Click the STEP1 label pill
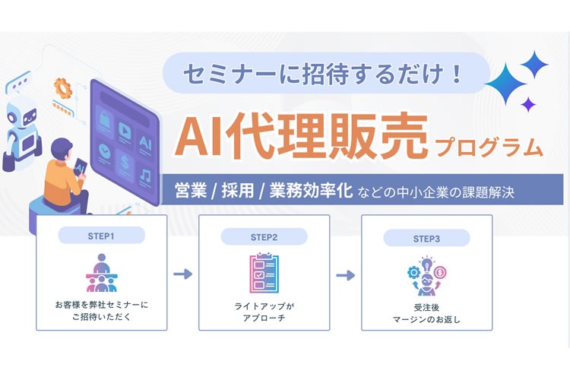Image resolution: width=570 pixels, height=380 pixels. [x=101, y=236]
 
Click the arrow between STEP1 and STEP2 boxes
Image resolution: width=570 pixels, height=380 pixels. [x=182, y=274]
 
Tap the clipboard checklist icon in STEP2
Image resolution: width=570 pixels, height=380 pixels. [x=264, y=274]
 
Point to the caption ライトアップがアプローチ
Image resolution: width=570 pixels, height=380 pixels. [x=264, y=311]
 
